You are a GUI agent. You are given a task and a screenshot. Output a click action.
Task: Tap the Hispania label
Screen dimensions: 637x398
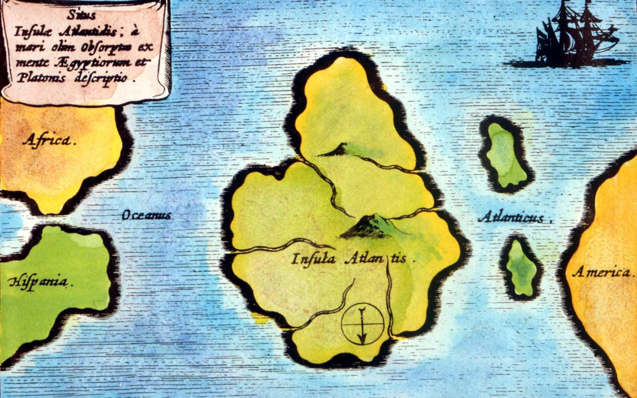click(x=38, y=282)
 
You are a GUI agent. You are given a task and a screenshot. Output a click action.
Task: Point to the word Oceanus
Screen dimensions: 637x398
click(x=146, y=215)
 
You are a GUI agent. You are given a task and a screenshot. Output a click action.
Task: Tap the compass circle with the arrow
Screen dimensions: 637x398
click(x=362, y=324)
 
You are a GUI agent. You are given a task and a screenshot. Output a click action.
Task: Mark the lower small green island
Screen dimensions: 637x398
click(x=522, y=268)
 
